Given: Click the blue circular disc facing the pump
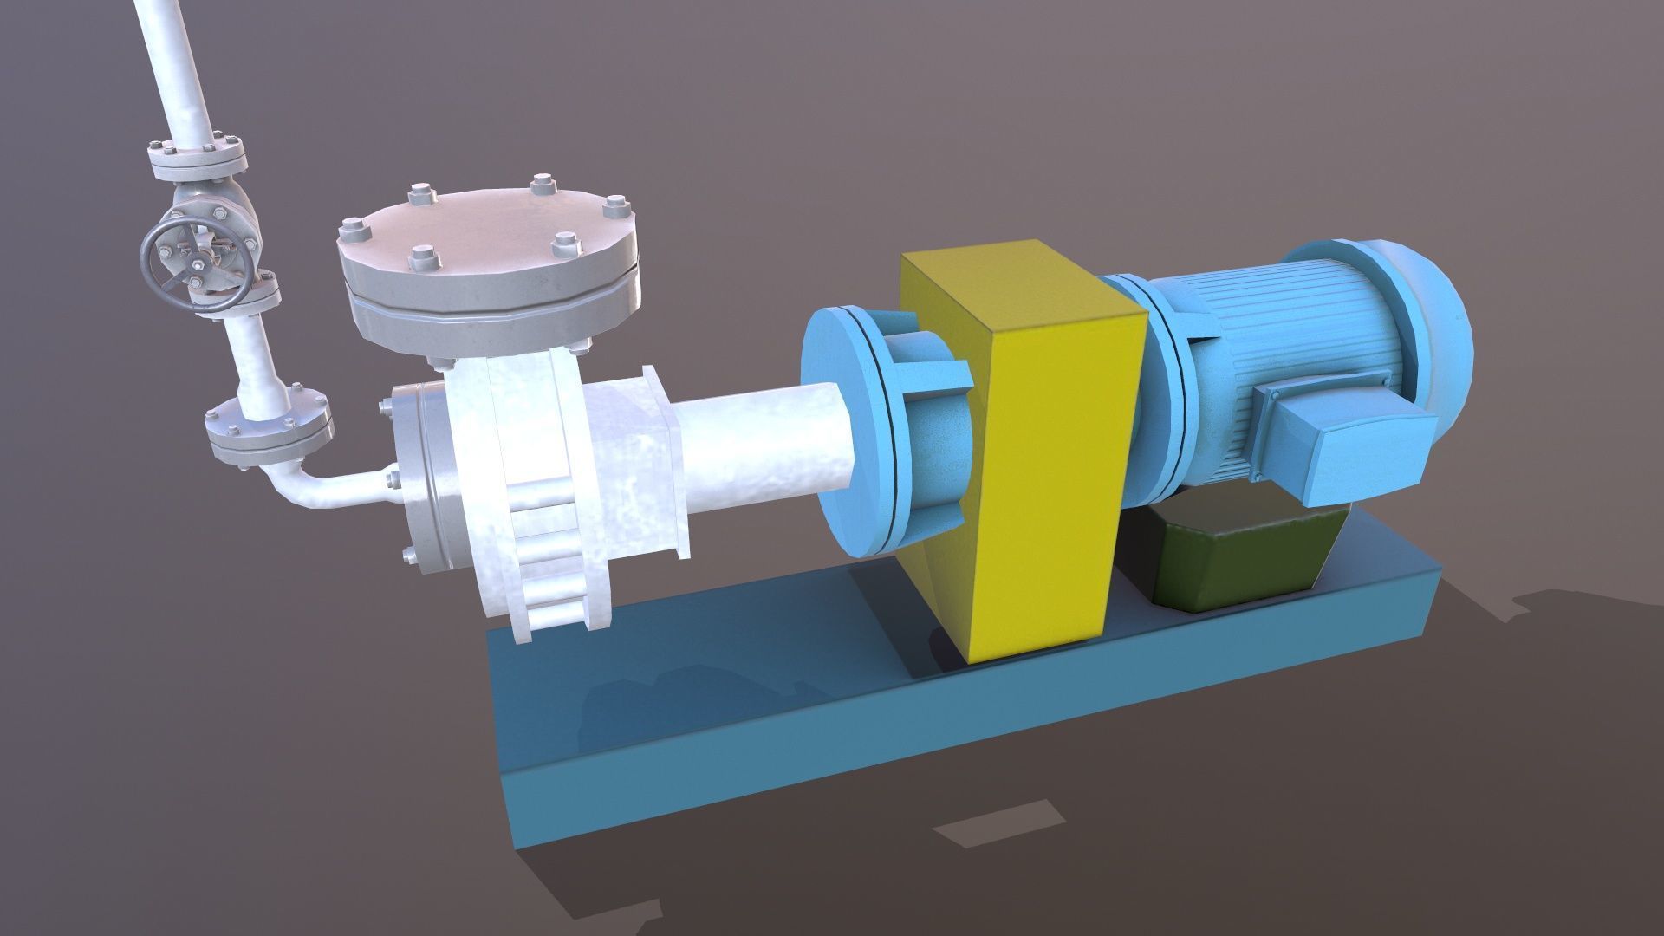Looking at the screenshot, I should pyautogui.click(x=845, y=433).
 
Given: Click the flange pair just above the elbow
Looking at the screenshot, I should pyautogui.click(x=269, y=429).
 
